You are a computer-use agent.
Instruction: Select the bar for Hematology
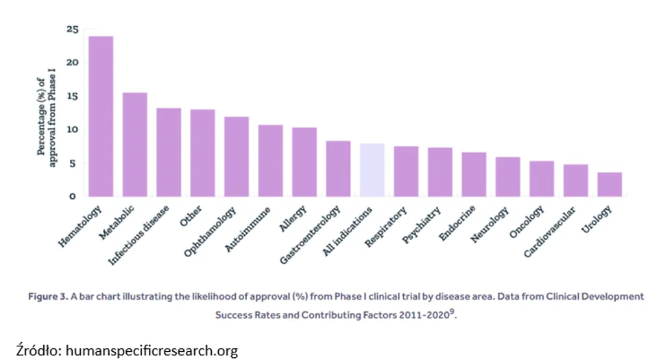pyautogui.click(x=101, y=116)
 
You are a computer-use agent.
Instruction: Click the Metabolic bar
pyautogui.click(x=134, y=145)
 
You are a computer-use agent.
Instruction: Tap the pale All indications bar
pyautogui.click(x=372, y=170)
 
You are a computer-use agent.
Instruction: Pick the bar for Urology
pyautogui.click(x=610, y=184)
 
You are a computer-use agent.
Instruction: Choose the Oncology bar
pyautogui.click(x=542, y=178)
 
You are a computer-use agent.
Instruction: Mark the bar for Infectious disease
pyautogui.click(x=169, y=152)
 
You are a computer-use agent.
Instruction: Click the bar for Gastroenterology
pyautogui.click(x=338, y=169)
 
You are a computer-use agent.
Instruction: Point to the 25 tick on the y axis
pyautogui.click(x=72, y=29)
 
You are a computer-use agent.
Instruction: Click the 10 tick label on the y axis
pyautogui.click(x=72, y=130)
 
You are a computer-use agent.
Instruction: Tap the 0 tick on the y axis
pyautogui.click(x=72, y=196)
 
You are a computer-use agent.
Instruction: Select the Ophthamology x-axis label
pyautogui.click(x=210, y=232)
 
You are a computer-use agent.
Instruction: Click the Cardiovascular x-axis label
pyautogui.click(x=549, y=232)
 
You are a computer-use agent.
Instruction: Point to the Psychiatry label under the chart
pyautogui.click(x=421, y=226)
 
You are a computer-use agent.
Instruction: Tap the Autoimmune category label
pyautogui.click(x=247, y=229)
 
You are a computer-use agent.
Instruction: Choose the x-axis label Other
pyautogui.click(x=191, y=216)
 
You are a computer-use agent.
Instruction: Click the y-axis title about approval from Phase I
pyautogui.click(x=46, y=117)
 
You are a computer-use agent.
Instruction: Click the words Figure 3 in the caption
pyautogui.click(x=47, y=296)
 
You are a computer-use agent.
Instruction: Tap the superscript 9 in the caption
pyautogui.click(x=452, y=311)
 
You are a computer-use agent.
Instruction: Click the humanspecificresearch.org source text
pyautogui.click(x=152, y=350)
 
